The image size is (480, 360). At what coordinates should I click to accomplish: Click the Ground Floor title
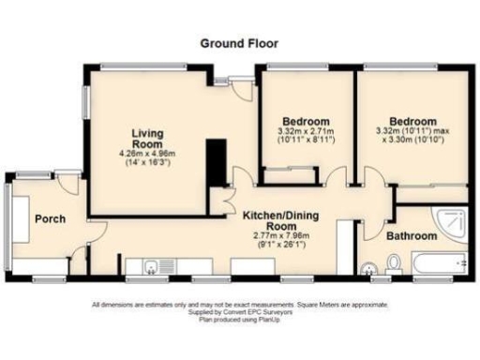coord(239,43)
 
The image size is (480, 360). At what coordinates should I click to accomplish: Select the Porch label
coord(50,219)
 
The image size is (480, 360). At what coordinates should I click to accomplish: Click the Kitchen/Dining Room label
coord(282,220)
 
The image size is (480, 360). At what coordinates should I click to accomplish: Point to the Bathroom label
coord(412,236)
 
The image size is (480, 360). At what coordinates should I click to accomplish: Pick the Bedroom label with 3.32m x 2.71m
coord(305,122)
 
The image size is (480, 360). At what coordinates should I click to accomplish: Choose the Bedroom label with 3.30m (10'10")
coord(413,122)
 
